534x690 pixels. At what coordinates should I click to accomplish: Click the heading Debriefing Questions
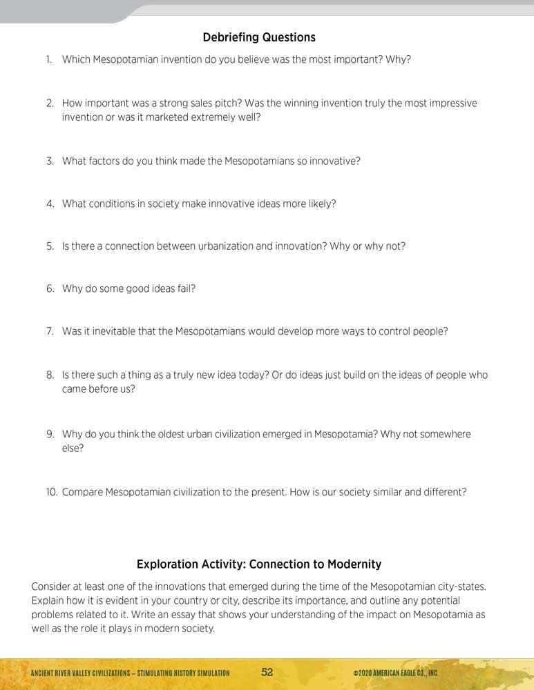coord(259,37)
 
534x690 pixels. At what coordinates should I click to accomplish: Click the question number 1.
coord(49,59)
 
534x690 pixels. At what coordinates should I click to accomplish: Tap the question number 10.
coord(51,492)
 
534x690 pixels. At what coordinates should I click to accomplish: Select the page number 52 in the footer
coord(267,673)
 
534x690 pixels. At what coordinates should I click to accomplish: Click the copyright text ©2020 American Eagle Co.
coord(395,673)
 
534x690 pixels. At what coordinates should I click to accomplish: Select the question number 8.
coord(50,375)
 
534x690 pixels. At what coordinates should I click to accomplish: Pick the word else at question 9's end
coord(71,448)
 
